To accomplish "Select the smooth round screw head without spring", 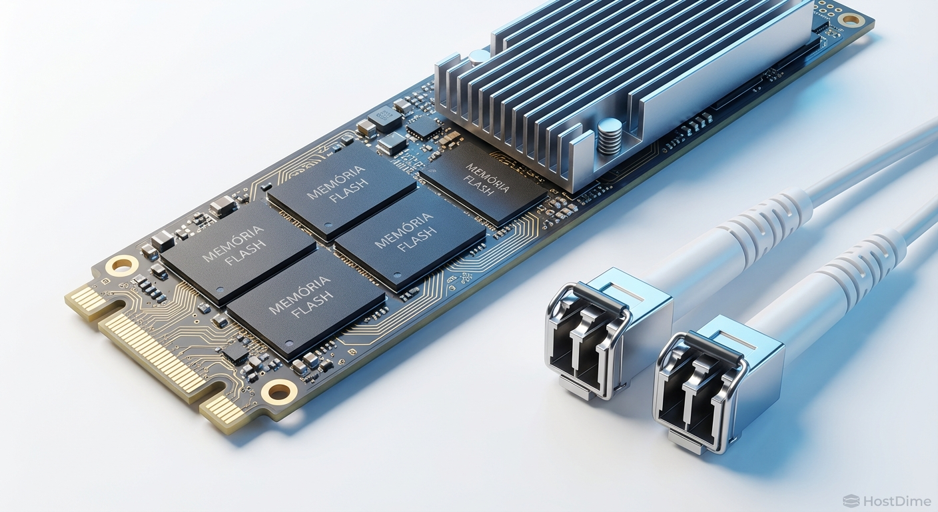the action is pyautogui.click(x=478, y=57).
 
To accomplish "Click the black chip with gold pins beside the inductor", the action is pyautogui.click(x=423, y=127).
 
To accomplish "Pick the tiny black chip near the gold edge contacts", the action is pyautogui.click(x=236, y=356).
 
